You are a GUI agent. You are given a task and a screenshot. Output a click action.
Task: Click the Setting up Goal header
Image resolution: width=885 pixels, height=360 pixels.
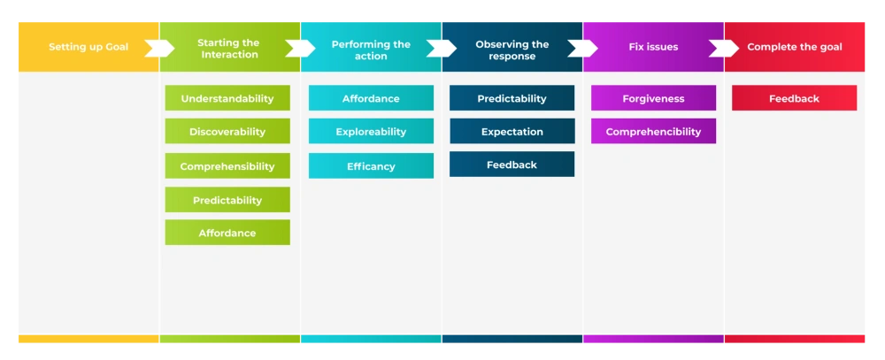(x=88, y=47)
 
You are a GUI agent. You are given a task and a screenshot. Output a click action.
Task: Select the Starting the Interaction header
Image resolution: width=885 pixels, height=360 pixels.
(x=228, y=48)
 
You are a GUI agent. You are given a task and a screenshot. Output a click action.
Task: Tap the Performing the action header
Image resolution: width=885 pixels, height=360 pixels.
(x=371, y=49)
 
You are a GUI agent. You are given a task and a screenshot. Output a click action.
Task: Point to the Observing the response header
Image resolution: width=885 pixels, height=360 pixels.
(x=512, y=49)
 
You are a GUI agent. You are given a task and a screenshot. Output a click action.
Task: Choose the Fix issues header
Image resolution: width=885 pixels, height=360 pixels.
(x=653, y=47)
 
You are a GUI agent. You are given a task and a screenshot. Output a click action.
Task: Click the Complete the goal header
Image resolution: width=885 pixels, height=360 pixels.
(x=794, y=47)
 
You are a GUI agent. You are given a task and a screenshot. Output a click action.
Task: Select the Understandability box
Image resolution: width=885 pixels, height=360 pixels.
(x=227, y=98)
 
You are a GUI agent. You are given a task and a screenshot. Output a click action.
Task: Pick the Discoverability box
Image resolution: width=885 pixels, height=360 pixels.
(x=227, y=132)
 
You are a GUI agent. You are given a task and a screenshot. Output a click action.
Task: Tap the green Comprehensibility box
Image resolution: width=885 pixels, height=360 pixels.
(x=227, y=166)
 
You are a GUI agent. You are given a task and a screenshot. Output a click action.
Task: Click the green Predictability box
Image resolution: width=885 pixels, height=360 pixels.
(x=227, y=200)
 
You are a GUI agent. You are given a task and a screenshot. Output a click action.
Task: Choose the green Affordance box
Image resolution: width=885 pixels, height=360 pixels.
(x=227, y=233)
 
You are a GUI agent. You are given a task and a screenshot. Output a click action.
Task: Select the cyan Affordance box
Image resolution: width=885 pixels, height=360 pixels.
(x=371, y=98)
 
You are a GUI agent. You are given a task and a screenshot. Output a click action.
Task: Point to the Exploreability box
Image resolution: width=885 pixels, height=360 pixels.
(x=371, y=132)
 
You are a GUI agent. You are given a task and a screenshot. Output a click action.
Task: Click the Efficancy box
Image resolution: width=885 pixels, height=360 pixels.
(x=371, y=166)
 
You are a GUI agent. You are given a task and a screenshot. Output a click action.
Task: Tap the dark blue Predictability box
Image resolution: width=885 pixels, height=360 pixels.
(x=512, y=98)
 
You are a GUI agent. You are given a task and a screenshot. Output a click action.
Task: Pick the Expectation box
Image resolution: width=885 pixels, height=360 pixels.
(x=512, y=132)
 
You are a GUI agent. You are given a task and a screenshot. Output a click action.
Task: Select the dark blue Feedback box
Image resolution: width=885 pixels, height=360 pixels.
(x=512, y=165)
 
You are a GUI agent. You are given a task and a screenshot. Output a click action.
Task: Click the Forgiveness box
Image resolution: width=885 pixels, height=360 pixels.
(x=653, y=98)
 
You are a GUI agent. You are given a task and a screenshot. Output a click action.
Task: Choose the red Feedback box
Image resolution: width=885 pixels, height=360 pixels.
(x=794, y=98)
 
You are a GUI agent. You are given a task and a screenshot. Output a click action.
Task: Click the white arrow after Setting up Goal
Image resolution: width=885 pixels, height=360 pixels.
(x=159, y=48)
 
